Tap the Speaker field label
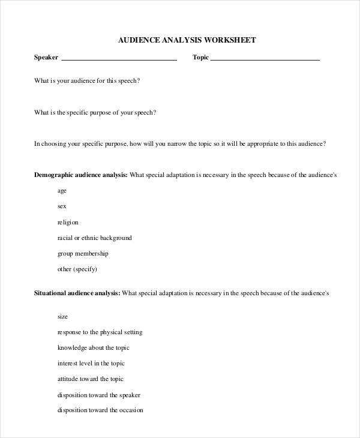(46, 58)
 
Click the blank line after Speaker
(119, 59)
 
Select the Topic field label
(200, 58)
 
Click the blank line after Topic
(265, 59)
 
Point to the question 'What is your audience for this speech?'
(87, 80)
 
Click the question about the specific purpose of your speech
(95, 112)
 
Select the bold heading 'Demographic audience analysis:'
(80, 175)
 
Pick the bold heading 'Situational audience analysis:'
(77, 293)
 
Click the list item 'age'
(62, 191)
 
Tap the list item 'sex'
(62, 206)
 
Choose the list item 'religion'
(68, 222)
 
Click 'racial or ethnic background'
(94, 238)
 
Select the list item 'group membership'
(83, 253)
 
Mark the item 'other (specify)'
(77, 269)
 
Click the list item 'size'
(62, 316)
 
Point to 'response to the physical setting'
(100, 332)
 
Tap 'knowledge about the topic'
(93, 347)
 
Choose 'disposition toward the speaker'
(99, 395)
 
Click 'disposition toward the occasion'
(100, 410)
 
